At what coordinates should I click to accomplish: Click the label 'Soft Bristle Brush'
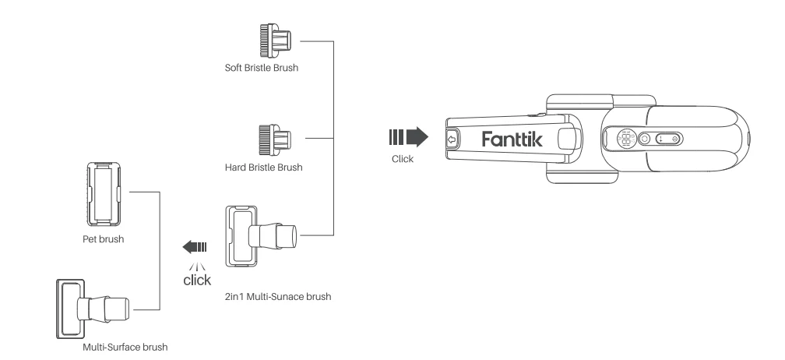[262, 69]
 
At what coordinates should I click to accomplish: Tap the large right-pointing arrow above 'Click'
[408, 139]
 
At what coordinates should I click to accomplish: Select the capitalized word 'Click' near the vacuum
[403, 158]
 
